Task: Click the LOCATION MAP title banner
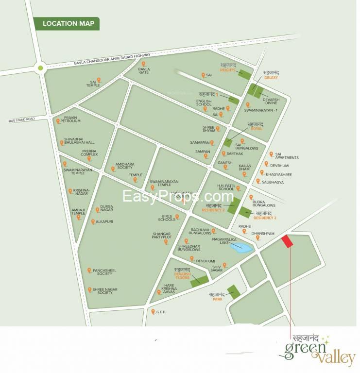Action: click(66, 23)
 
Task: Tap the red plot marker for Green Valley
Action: click(287, 241)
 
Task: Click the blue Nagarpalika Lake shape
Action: click(241, 248)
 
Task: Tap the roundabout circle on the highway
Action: click(40, 68)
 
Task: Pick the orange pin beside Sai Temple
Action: click(99, 79)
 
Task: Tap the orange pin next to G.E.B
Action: click(153, 312)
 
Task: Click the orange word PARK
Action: click(217, 300)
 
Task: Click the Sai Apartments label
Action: click(287, 156)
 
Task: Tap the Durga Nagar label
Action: click(106, 208)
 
